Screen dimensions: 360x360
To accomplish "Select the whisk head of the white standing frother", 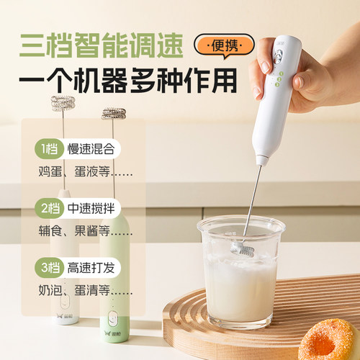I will coord(63,102).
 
